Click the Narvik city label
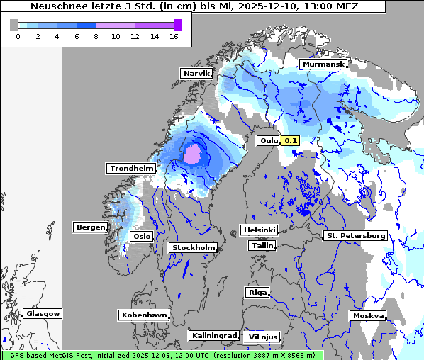click(196, 73)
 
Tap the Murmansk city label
click(323, 64)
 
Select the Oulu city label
click(269, 140)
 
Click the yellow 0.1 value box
click(291, 140)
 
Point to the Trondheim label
click(131, 168)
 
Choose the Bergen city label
click(90, 227)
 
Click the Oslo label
click(143, 236)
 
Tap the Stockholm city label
click(194, 247)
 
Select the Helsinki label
click(259, 230)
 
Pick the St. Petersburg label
click(355, 235)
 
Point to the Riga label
click(257, 292)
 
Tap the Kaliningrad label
click(213, 335)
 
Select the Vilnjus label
click(262, 337)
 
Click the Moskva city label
click(368, 315)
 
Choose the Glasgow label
click(43, 313)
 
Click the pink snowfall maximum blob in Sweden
click(193, 154)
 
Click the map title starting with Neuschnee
click(194, 6)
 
